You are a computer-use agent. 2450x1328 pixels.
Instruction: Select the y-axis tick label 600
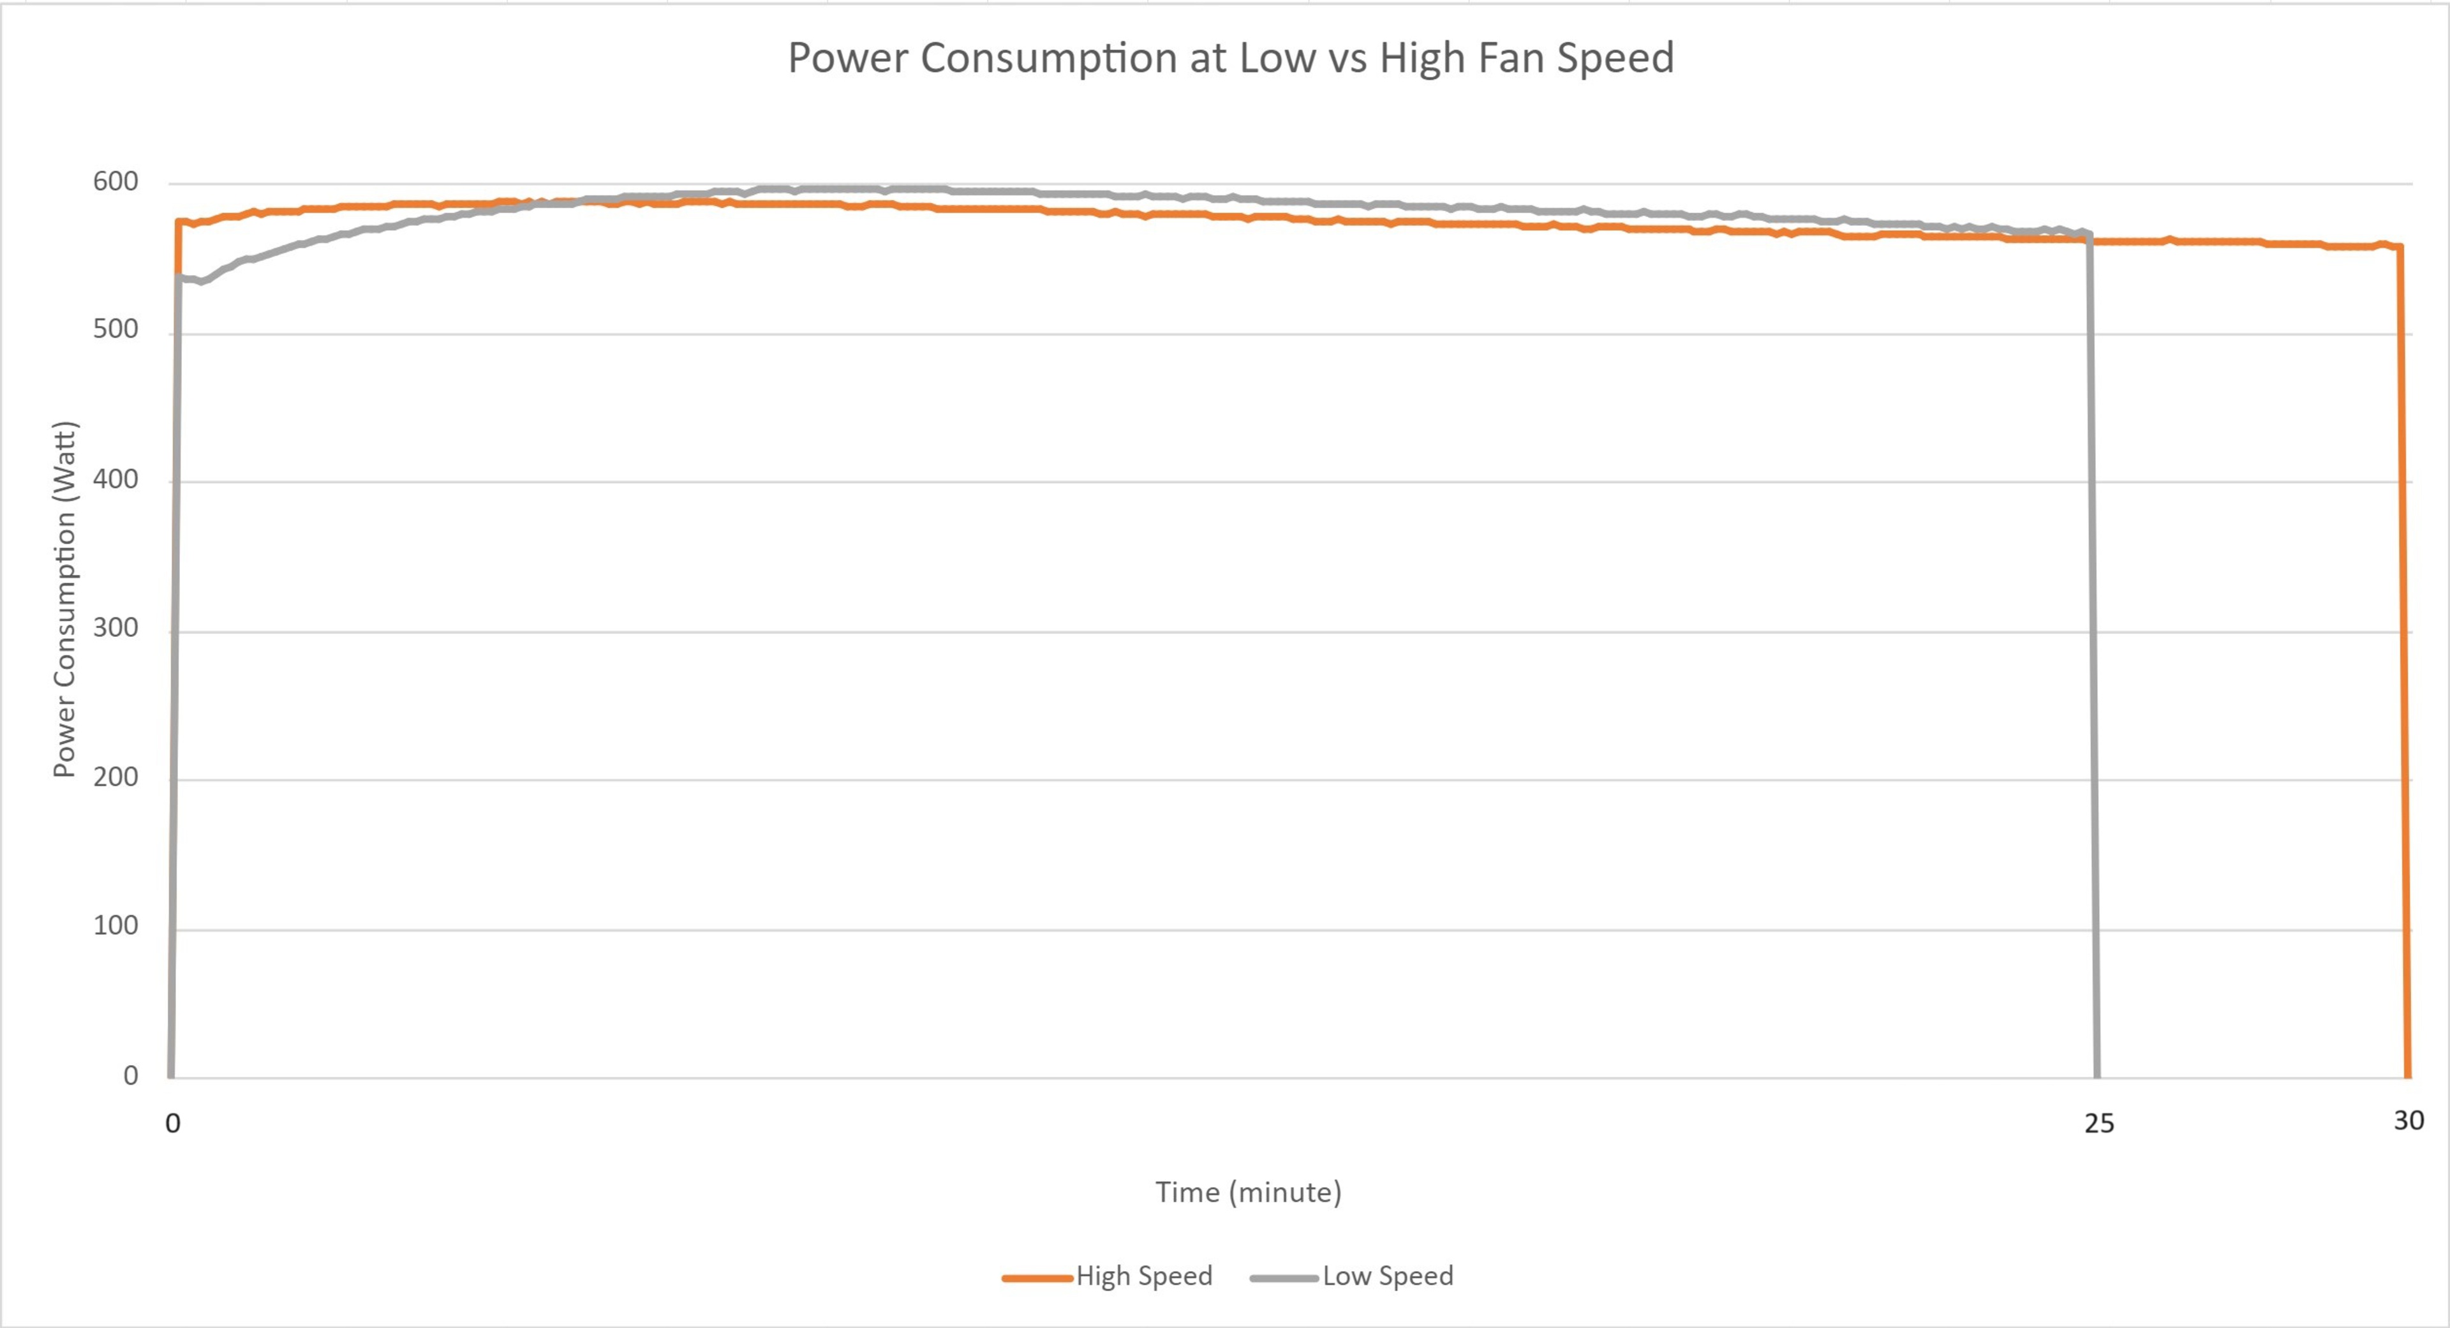tap(115, 182)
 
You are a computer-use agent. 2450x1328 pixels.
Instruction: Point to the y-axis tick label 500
tap(115, 330)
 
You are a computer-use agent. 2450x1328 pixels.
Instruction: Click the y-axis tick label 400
tap(115, 479)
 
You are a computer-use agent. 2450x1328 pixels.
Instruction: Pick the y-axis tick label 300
tap(115, 628)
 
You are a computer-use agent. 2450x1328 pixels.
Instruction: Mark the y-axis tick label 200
tap(115, 777)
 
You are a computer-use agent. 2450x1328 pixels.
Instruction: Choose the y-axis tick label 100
tap(115, 925)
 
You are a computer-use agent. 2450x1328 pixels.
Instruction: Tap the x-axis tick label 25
tap(2099, 1124)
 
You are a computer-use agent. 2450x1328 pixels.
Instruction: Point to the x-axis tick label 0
tap(172, 1124)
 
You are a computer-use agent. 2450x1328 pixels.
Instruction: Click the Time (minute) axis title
tap(1248, 1193)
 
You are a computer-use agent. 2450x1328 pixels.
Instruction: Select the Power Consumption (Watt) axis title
tap(64, 599)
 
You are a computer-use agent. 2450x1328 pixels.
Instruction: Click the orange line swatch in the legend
tap(1037, 1278)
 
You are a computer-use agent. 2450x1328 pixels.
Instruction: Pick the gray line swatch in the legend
tap(1284, 1278)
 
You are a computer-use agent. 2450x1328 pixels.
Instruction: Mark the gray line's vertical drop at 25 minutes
tap(2093, 666)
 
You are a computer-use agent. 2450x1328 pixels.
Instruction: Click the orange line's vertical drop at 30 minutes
tap(2404, 666)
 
